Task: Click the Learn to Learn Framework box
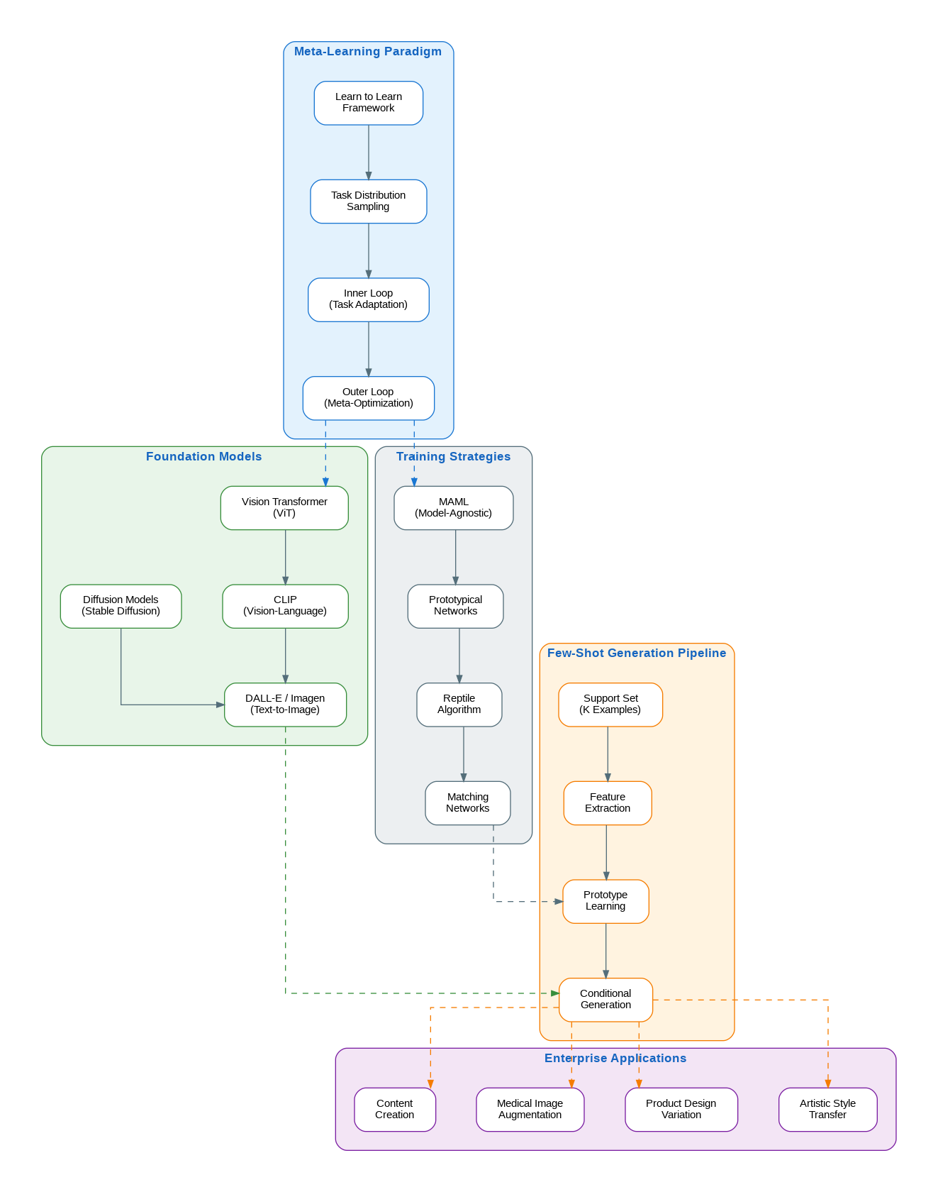click(x=369, y=103)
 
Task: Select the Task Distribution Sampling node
click(x=369, y=202)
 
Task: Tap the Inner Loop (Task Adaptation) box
click(x=369, y=299)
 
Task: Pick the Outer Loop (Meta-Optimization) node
click(x=369, y=398)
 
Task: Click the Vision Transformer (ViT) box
click(x=284, y=508)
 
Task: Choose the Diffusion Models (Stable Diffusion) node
click(x=121, y=606)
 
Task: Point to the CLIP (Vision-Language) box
click(x=285, y=606)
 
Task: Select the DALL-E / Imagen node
click(x=285, y=705)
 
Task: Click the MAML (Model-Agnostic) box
click(x=454, y=508)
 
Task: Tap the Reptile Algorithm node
click(x=459, y=705)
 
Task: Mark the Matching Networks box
click(x=468, y=803)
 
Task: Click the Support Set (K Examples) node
click(x=610, y=705)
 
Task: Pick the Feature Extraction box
click(x=608, y=803)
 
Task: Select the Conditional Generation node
click(x=605, y=1000)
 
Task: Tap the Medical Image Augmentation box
click(x=530, y=1110)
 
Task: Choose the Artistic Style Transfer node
click(x=828, y=1110)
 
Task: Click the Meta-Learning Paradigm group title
click(x=368, y=52)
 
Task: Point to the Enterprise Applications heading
click(x=615, y=1059)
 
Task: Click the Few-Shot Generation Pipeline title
click(x=637, y=653)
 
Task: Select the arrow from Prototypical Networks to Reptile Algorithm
click(x=459, y=656)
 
